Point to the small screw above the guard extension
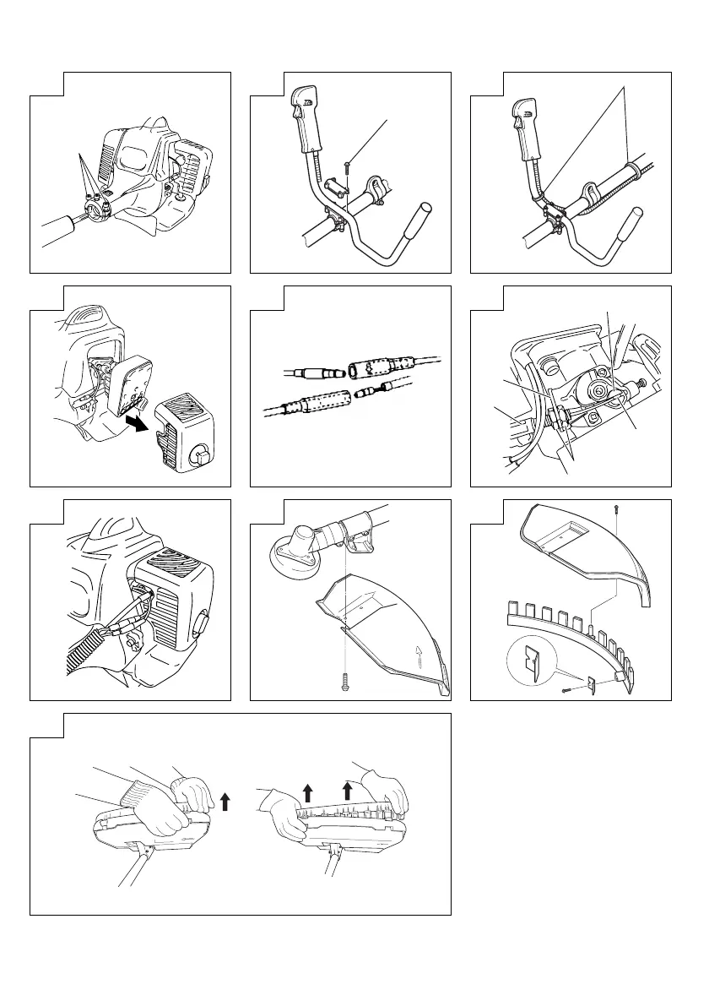[616, 507]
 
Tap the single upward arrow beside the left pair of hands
[225, 799]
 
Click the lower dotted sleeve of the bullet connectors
[314, 402]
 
